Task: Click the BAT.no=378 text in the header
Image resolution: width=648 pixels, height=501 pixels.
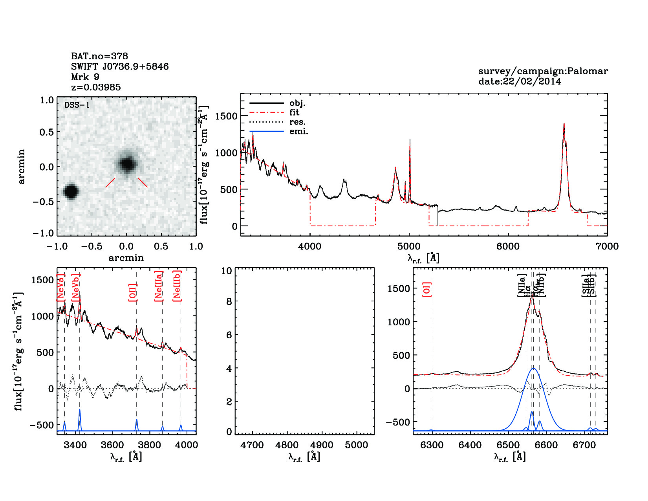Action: tap(99, 56)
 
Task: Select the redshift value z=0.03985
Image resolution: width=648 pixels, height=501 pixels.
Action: tap(96, 87)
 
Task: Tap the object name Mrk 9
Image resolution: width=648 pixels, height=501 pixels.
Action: tap(85, 77)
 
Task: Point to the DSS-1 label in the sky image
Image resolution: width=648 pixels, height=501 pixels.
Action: tap(77, 105)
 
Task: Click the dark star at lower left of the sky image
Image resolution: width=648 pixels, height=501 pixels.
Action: tap(71, 191)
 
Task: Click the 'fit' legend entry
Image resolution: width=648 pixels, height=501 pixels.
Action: tap(294, 112)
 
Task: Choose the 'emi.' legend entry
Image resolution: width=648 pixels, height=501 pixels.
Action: tap(298, 131)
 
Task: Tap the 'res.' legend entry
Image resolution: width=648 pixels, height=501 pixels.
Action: tap(297, 122)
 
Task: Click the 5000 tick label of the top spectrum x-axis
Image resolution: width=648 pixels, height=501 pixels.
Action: tap(409, 246)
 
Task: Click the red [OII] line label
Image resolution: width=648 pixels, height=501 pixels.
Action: tap(133, 292)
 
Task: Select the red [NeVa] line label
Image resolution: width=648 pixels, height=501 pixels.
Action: tap(60, 288)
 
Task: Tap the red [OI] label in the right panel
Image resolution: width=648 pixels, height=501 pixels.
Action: tap(427, 289)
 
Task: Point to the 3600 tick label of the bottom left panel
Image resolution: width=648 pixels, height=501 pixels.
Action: tap(112, 445)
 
